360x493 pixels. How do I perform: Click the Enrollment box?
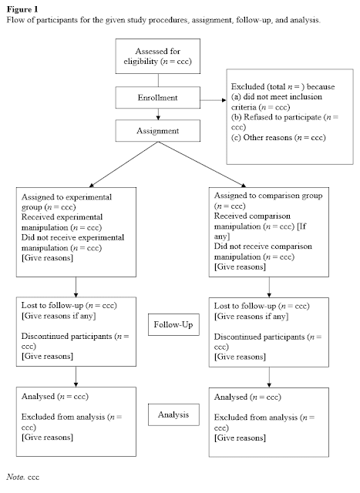pos(159,99)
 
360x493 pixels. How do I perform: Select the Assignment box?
pos(159,130)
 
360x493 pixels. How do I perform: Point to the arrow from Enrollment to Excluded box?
pos(211,99)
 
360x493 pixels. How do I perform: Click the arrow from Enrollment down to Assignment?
pos(159,114)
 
